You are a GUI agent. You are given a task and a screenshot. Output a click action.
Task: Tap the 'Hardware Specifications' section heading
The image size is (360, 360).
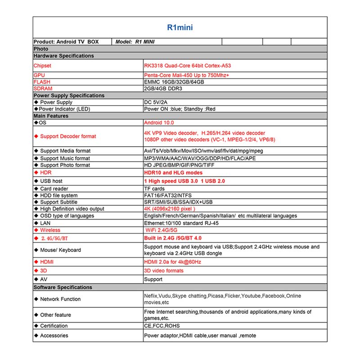[64, 56]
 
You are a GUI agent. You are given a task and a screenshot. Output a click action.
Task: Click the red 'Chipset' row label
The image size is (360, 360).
[43, 66]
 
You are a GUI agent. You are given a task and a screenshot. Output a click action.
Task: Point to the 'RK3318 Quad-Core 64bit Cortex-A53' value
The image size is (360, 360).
[188, 66]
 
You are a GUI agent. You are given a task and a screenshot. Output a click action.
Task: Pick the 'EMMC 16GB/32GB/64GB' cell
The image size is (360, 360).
[174, 82]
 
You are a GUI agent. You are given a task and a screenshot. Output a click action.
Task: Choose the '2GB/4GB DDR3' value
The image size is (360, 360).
[163, 89]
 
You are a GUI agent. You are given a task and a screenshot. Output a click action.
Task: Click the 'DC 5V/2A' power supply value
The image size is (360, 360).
[157, 103]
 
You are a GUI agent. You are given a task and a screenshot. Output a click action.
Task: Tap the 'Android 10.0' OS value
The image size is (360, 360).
[159, 122]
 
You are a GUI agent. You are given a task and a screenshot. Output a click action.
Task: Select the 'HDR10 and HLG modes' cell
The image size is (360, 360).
[173, 173]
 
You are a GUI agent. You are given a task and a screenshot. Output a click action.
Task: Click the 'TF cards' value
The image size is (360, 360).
[154, 189]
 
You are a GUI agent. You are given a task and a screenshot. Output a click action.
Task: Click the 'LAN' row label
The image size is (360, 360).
[45, 223]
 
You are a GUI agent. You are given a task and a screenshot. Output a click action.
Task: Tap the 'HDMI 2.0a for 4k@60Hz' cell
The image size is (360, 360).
[172, 262]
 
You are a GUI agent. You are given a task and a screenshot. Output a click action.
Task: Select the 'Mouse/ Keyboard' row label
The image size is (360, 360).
[60, 250]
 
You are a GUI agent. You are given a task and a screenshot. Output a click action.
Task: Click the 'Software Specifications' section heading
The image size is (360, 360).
[63, 287]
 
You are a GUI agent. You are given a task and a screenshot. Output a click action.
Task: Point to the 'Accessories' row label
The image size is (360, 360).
[54, 336]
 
